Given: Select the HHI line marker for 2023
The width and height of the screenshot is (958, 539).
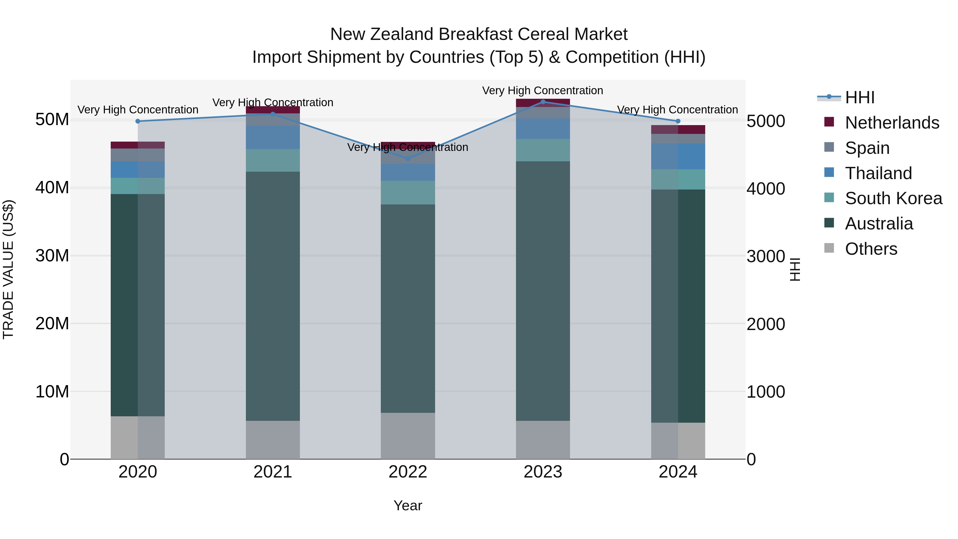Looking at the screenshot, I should click(x=543, y=102).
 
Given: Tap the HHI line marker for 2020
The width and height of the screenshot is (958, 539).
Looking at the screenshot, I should click(x=138, y=121).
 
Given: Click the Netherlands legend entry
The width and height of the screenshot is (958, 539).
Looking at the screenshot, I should click(x=892, y=123).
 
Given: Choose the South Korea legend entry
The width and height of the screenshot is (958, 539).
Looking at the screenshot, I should click(x=893, y=198).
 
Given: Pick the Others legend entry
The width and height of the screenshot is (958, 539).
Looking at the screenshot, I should click(x=871, y=249).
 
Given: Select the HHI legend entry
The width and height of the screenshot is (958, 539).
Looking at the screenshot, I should click(x=859, y=97).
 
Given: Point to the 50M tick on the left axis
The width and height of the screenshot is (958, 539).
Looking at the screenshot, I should click(x=52, y=120).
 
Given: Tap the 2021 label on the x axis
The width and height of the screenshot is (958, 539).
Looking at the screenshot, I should click(x=272, y=472).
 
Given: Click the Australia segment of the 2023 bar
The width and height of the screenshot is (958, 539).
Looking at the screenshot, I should click(x=543, y=290).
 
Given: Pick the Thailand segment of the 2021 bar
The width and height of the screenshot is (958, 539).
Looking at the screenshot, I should click(x=272, y=137).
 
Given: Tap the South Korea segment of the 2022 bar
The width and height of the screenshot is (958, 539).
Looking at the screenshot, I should click(x=408, y=192).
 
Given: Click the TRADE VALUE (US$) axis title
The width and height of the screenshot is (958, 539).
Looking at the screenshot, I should click(x=8, y=269).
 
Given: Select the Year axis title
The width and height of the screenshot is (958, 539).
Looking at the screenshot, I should click(x=408, y=505).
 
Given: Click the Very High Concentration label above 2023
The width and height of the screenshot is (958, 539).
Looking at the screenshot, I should click(x=543, y=90).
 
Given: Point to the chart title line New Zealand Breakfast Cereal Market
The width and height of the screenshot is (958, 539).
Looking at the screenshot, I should click(x=479, y=34).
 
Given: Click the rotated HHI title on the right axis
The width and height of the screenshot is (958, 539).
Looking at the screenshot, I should click(x=794, y=269).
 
